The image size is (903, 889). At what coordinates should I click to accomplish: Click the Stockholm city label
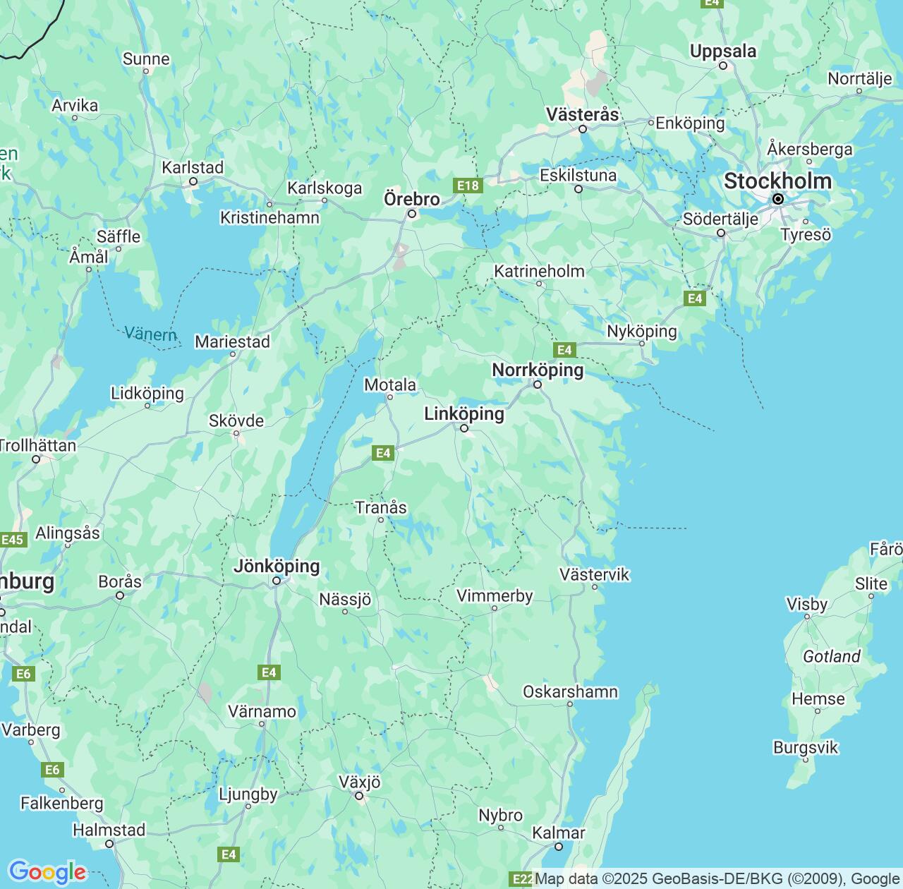pos(777,181)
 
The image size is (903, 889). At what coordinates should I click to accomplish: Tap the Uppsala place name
pos(723,51)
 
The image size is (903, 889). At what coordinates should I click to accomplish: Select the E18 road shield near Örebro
pos(468,186)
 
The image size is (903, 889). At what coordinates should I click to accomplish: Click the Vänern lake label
pos(150,333)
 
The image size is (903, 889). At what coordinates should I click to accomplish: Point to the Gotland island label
pos(832,656)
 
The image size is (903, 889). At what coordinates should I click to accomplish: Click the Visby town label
pos(806,604)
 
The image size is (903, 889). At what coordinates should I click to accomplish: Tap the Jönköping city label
pos(277,566)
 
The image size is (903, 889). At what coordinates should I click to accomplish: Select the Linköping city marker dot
pos(464,428)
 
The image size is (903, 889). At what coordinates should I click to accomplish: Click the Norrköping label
pos(538,370)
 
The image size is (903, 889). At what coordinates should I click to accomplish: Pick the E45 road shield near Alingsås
pos(13,540)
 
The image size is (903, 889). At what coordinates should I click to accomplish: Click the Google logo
pos(47,872)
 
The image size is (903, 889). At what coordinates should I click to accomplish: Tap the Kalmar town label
pos(558,833)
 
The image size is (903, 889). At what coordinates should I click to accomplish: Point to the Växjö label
pos(359,782)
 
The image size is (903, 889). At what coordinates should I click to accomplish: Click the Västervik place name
pos(594,574)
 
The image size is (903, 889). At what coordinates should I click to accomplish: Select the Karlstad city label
pos(193,167)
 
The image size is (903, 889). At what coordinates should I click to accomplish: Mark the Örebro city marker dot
pos(413,214)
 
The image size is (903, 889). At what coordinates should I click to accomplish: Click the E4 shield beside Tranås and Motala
pos(383,453)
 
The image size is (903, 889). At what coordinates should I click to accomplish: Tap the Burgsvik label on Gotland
pos(806,747)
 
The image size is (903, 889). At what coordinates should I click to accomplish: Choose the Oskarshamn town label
pos(570,691)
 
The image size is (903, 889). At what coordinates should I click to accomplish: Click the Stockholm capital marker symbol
pos(778,200)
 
